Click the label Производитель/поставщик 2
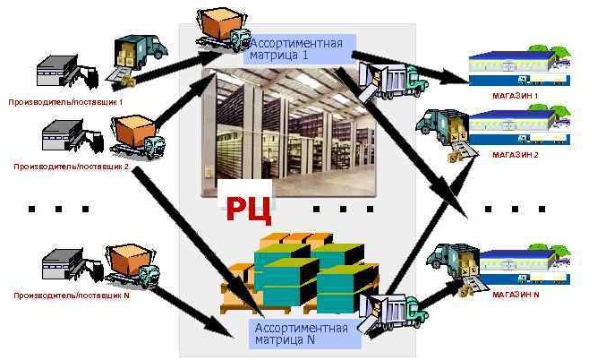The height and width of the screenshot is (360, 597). [x=71, y=167]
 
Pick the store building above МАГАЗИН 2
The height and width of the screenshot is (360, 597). [x=519, y=125]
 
